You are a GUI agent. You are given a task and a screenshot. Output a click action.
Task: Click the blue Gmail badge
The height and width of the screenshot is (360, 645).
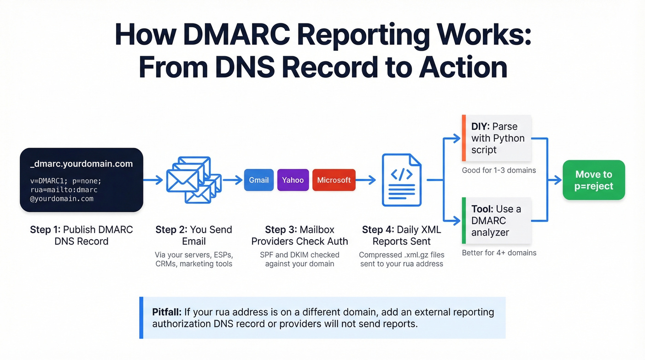[258, 180]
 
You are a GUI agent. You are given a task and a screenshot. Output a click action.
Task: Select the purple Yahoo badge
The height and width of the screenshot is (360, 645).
[293, 180]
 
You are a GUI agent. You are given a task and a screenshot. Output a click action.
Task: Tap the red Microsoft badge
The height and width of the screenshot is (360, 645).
[334, 180]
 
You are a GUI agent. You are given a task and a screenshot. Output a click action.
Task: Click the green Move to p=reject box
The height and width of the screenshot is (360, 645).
[593, 180]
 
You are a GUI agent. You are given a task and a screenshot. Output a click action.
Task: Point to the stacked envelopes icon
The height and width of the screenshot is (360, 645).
[193, 180]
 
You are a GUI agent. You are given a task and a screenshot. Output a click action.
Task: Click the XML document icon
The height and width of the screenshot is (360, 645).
[401, 180]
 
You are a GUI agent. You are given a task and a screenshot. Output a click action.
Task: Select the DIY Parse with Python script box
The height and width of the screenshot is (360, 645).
[497, 138]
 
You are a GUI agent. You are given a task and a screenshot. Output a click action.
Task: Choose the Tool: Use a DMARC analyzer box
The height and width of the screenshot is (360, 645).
[496, 221]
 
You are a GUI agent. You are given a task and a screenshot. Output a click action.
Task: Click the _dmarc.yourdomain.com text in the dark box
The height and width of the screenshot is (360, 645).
[81, 164]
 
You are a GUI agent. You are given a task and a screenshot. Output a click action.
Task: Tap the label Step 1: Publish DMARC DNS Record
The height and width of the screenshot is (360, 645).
[81, 235]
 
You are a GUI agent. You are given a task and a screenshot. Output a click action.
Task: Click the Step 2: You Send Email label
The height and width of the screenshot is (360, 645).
[193, 235]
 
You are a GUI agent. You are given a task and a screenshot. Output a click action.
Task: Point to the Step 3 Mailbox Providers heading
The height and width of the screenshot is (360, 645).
[299, 235]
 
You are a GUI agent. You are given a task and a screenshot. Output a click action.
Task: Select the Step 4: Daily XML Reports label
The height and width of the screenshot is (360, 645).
[401, 235]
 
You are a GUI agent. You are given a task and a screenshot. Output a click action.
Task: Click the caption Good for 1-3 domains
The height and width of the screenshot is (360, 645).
[498, 170]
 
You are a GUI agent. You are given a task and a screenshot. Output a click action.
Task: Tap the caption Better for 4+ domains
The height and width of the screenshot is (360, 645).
[499, 253]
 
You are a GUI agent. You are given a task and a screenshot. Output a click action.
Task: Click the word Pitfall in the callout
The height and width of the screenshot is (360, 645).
[167, 312]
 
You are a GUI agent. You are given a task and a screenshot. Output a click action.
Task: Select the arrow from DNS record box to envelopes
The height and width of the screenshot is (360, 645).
[153, 180]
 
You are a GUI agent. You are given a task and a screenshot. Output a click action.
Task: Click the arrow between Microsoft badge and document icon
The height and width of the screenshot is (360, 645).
[366, 180]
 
